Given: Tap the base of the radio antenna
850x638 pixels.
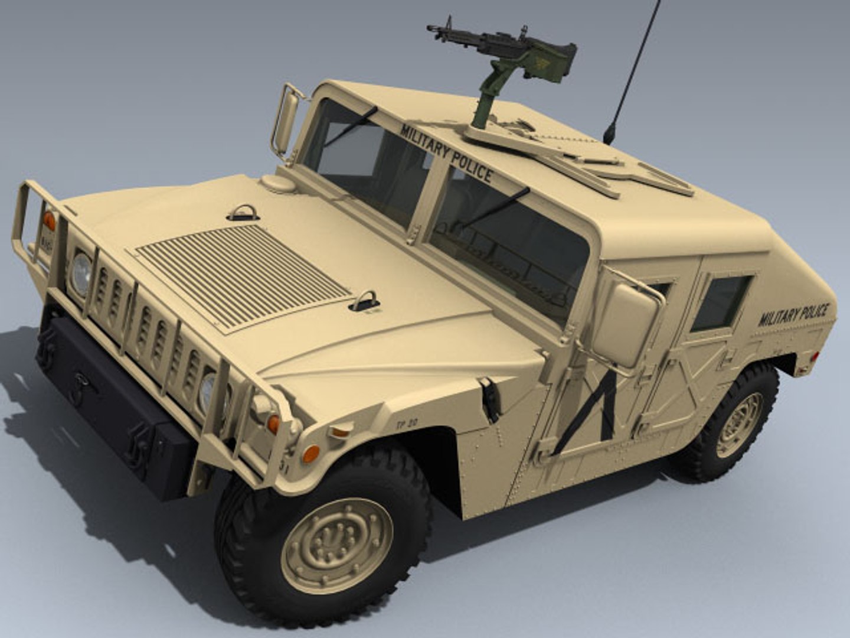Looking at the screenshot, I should click(608, 135).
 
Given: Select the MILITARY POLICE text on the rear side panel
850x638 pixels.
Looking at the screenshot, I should click(794, 315).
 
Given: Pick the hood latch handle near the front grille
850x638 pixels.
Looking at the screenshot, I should click(364, 301).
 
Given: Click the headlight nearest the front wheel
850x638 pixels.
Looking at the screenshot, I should click(207, 392).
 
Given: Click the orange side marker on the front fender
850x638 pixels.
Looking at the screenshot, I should click(310, 453).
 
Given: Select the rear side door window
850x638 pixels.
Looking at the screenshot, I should click(721, 302).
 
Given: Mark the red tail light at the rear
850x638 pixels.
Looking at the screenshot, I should click(815, 356).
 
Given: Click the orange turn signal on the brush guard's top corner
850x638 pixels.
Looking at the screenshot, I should click(50, 220).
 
